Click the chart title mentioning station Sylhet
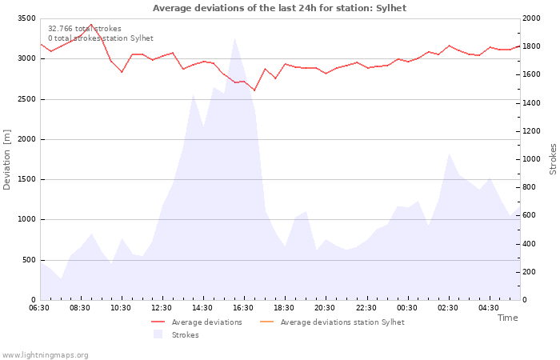(279, 8)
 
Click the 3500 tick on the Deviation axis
(26, 18)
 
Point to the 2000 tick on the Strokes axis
(532, 18)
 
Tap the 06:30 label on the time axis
(39, 307)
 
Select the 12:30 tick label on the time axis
(162, 307)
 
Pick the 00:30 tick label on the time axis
(406, 307)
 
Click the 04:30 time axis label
(488, 307)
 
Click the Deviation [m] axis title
(7, 159)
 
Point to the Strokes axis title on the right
(553, 159)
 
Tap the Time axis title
(507, 318)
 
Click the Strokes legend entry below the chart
(185, 335)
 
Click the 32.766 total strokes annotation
(85, 29)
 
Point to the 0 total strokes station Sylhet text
(100, 38)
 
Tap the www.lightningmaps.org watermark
(45, 354)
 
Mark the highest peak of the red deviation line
(91, 25)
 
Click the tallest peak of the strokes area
(234, 38)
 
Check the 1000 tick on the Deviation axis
(26, 219)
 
